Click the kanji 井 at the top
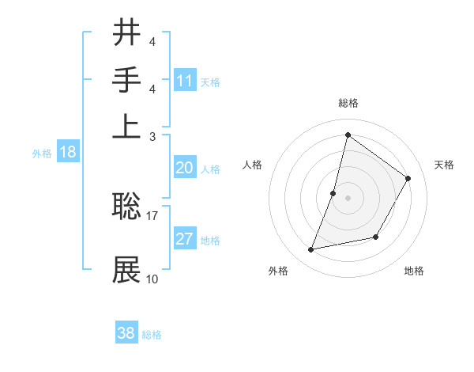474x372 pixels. tap(126, 33)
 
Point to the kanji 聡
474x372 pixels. tap(126, 207)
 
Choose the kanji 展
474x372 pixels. tap(126, 270)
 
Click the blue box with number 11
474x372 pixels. tap(185, 80)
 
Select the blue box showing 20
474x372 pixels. tap(185, 168)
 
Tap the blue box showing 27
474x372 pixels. tap(185, 240)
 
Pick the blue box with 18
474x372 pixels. tap(68, 153)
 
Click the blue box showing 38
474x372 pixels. tap(126, 333)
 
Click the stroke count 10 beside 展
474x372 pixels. tap(152, 279)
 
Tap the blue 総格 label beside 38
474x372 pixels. tap(152, 335)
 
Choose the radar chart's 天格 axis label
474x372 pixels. tap(444, 165)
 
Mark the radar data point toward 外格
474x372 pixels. tap(311, 249)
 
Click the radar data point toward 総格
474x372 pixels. tap(348, 135)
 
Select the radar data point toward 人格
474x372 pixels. tap(333, 192)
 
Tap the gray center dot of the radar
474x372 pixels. tap(348, 197)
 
